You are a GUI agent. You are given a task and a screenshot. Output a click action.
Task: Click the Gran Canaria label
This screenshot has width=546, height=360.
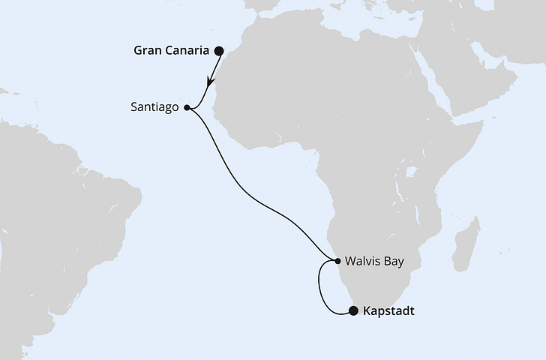[x=171, y=52]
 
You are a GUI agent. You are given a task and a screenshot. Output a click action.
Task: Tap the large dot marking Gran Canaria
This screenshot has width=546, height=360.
[x=219, y=51]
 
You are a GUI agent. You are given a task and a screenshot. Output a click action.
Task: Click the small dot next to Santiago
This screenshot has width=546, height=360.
[x=187, y=107]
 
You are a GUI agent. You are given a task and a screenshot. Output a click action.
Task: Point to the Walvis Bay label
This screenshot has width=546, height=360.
[x=374, y=262]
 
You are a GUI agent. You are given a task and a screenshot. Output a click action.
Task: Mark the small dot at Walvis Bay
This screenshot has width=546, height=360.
[x=335, y=262]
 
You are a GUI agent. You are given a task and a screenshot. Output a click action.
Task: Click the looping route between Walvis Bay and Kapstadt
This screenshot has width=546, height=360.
[x=321, y=289]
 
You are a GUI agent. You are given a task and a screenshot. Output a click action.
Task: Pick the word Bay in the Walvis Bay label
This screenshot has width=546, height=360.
[x=394, y=262]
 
